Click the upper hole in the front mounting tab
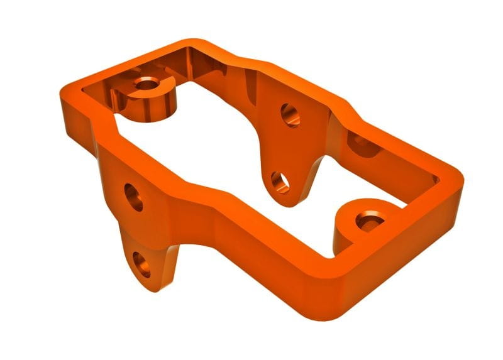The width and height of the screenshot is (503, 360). tap(134, 197)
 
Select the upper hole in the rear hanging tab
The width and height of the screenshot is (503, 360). tap(290, 114)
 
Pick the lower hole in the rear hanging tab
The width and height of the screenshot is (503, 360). tap(280, 182)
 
